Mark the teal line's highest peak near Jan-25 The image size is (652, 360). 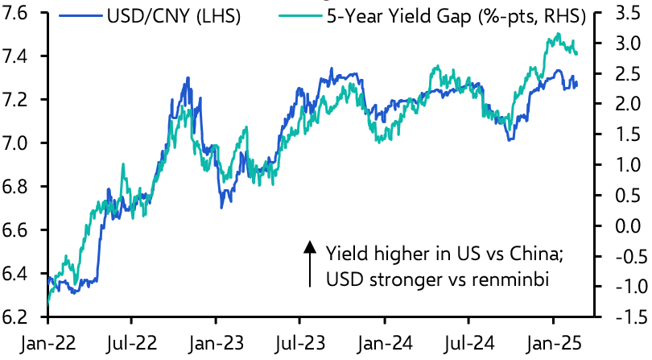(558, 34)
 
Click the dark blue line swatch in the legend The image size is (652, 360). (85, 14)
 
